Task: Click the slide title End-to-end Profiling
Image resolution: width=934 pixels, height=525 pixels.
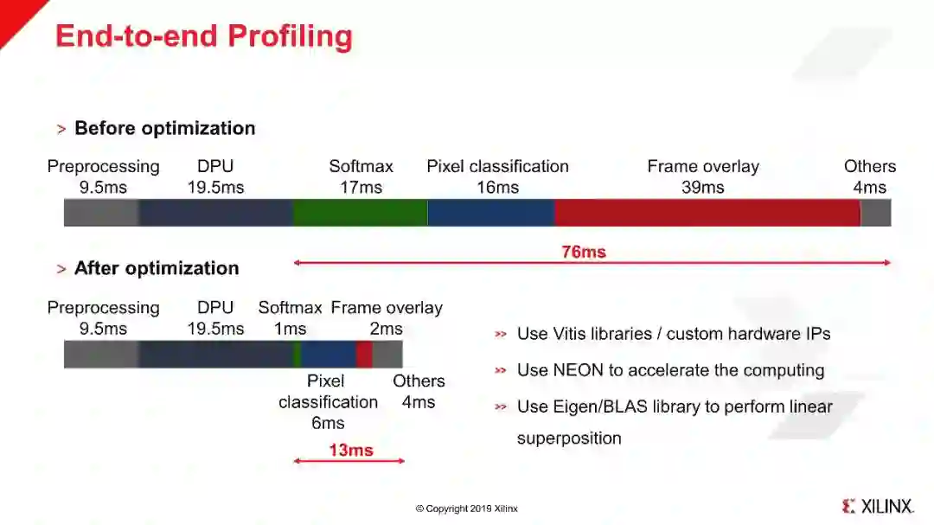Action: (x=203, y=36)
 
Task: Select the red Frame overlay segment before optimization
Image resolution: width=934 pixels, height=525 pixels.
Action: (x=707, y=213)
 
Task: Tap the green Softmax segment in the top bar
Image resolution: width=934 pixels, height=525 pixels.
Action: (x=359, y=213)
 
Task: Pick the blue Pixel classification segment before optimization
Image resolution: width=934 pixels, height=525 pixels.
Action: (x=490, y=213)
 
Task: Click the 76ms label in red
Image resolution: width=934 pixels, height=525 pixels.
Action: (x=584, y=253)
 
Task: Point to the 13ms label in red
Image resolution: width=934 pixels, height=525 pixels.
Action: (x=350, y=450)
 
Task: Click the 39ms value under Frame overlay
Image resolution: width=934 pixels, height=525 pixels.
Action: (x=703, y=187)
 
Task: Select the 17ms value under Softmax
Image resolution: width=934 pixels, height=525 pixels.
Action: (x=361, y=187)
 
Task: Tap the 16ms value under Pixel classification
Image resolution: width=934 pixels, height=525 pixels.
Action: (x=497, y=187)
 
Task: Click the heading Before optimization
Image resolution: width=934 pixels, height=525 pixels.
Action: (x=164, y=128)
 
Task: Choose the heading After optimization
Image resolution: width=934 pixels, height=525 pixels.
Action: (x=156, y=268)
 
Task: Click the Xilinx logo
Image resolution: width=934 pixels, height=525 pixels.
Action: (x=877, y=506)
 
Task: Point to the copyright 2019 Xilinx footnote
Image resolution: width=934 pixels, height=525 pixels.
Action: (x=466, y=509)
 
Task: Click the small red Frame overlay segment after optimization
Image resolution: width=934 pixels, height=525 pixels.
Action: (x=364, y=355)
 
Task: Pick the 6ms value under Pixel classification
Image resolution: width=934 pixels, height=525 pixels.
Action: (x=328, y=423)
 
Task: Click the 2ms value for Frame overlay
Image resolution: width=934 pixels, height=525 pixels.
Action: (x=386, y=329)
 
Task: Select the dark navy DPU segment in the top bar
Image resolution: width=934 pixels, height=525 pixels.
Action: (x=215, y=213)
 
